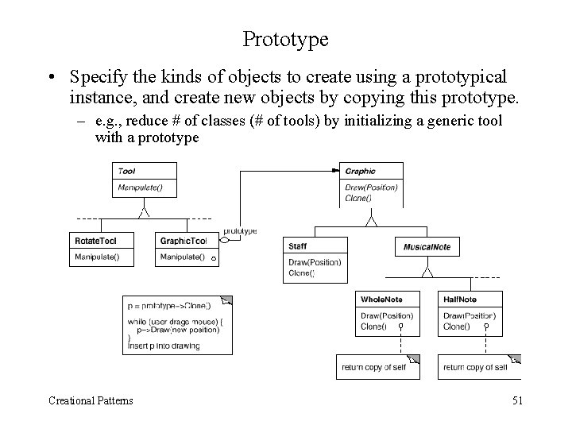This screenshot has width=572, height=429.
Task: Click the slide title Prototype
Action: (x=285, y=37)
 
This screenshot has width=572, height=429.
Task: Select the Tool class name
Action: (x=126, y=171)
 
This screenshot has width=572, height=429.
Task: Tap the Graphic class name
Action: (x=360, y=171)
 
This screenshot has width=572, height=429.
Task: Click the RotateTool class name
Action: (x=95, y=241)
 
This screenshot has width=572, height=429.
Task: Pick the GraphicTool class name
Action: (x=183, y=241)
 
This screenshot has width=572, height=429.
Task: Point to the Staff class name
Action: (x=298, y=247)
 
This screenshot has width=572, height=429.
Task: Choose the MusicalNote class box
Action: (x=427, y=247)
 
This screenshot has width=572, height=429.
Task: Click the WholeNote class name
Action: (x=381, y=300)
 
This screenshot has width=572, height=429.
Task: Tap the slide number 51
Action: (x=516, y=400)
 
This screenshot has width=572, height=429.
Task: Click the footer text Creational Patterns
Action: (x=90, y=400)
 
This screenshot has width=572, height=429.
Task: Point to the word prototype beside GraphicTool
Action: (x=240, y=231)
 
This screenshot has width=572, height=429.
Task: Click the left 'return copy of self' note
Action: (x=373, y=367)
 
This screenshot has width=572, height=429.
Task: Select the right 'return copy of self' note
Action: (x=475, y=367)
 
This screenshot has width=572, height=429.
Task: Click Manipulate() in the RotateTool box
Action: (x=97, y=257)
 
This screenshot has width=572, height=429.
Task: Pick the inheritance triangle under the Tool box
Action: (x=144, y=211)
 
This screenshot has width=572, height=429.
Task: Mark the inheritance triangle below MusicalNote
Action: (x=427, y=272)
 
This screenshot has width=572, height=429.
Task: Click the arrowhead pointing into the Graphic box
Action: (x=334, y=170)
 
